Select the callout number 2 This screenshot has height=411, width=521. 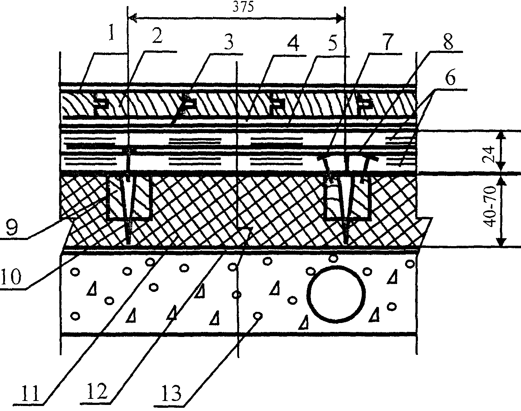[156, 36]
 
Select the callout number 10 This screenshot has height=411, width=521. [13, 277]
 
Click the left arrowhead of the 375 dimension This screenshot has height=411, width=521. [132, 17]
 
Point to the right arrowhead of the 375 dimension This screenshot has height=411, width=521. [340, 17]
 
